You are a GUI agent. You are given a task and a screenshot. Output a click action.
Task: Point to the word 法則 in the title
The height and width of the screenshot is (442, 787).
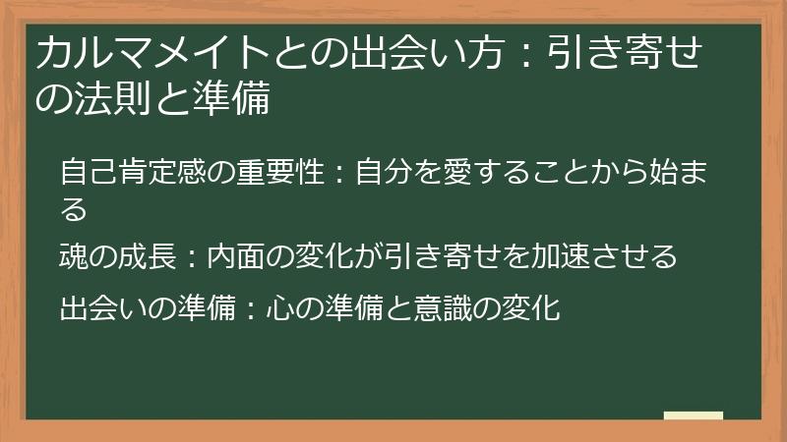(117, 99)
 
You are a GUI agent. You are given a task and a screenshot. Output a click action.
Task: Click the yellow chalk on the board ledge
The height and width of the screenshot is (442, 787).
(693, 415)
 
